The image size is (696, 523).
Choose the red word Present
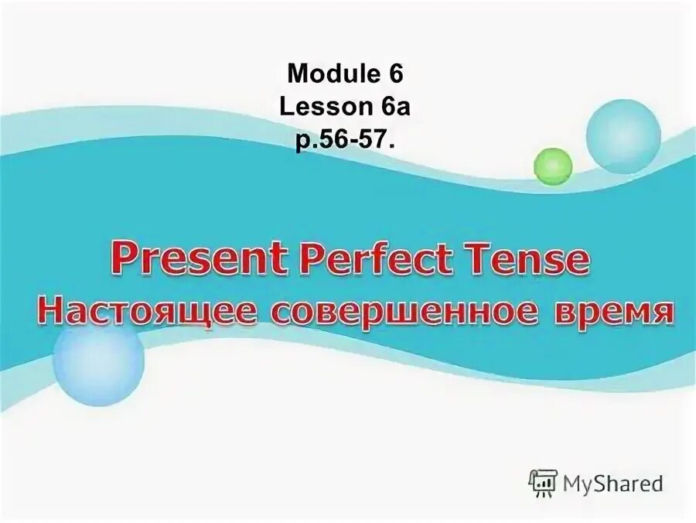tap(196, 261)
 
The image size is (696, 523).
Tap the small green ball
tap(553, 166)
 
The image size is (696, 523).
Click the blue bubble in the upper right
tap(623, 136)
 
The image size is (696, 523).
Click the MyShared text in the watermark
tap(613, 484)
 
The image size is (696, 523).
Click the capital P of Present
tap(123, 261)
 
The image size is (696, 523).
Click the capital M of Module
tap(296, 74)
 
